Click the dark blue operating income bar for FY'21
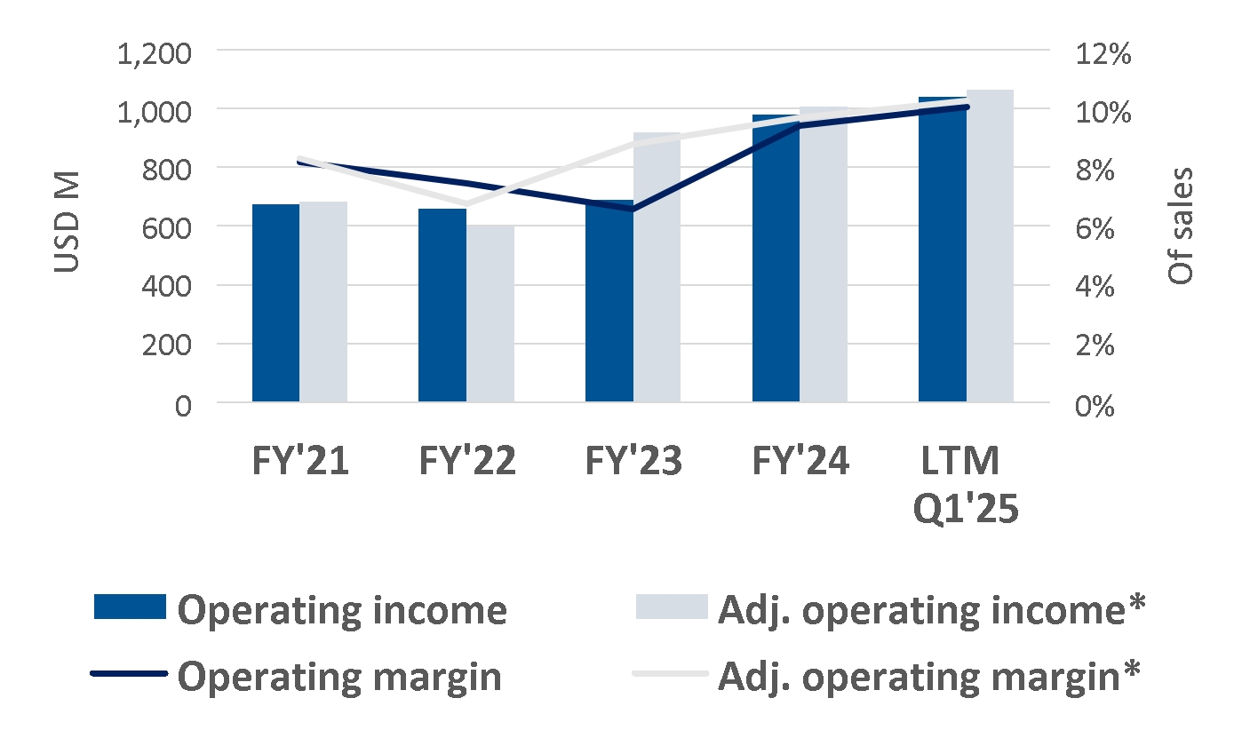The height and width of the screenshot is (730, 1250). coord(275,303)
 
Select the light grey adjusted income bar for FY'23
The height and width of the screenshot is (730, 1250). coord(657,267)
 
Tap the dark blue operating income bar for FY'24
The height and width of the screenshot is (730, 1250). coord(776,258)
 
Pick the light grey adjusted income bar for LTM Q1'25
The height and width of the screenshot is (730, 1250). coord(990,246)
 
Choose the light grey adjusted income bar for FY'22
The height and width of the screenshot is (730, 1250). coord(490,313)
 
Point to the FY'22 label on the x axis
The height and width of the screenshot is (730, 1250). coord(467,461)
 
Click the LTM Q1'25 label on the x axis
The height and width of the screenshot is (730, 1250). coord(966,485)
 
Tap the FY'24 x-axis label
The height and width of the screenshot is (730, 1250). coord(800,461)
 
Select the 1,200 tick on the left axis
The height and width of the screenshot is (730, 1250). coord(154,54)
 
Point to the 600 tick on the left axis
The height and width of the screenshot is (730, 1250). coord(166,228)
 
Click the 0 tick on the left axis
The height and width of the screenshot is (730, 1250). coord(183,406)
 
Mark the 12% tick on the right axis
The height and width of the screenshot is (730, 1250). coord(1103,54)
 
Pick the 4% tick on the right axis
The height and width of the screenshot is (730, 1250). coord(1095,287)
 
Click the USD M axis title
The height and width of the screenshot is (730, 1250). coord(67,222)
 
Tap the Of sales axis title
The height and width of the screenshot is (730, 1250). coord(1180,226)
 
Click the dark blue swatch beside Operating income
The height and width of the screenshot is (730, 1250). coord(130,607)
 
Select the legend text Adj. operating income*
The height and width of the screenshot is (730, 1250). coord(931,611)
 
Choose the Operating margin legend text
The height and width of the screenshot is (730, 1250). coord(339,678)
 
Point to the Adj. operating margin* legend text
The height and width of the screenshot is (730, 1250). coord(928,678)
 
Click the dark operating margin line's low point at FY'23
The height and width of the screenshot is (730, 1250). coord(633,209)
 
